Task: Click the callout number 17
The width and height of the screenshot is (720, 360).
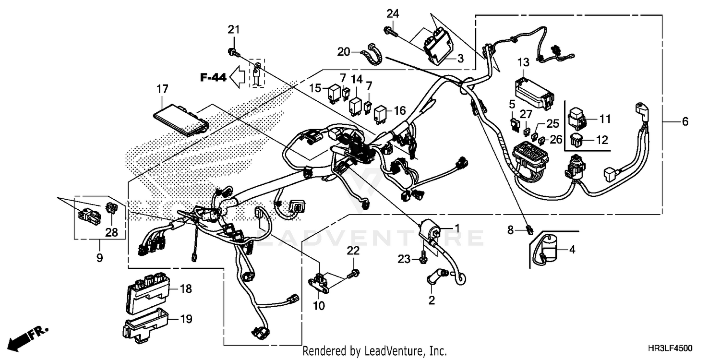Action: tap(162, 89)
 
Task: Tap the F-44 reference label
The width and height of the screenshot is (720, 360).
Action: tap(213, 77)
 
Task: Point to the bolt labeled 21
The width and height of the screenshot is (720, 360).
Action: tap(232, 51)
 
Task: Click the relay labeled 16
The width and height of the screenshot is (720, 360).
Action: tap(382, 113)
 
